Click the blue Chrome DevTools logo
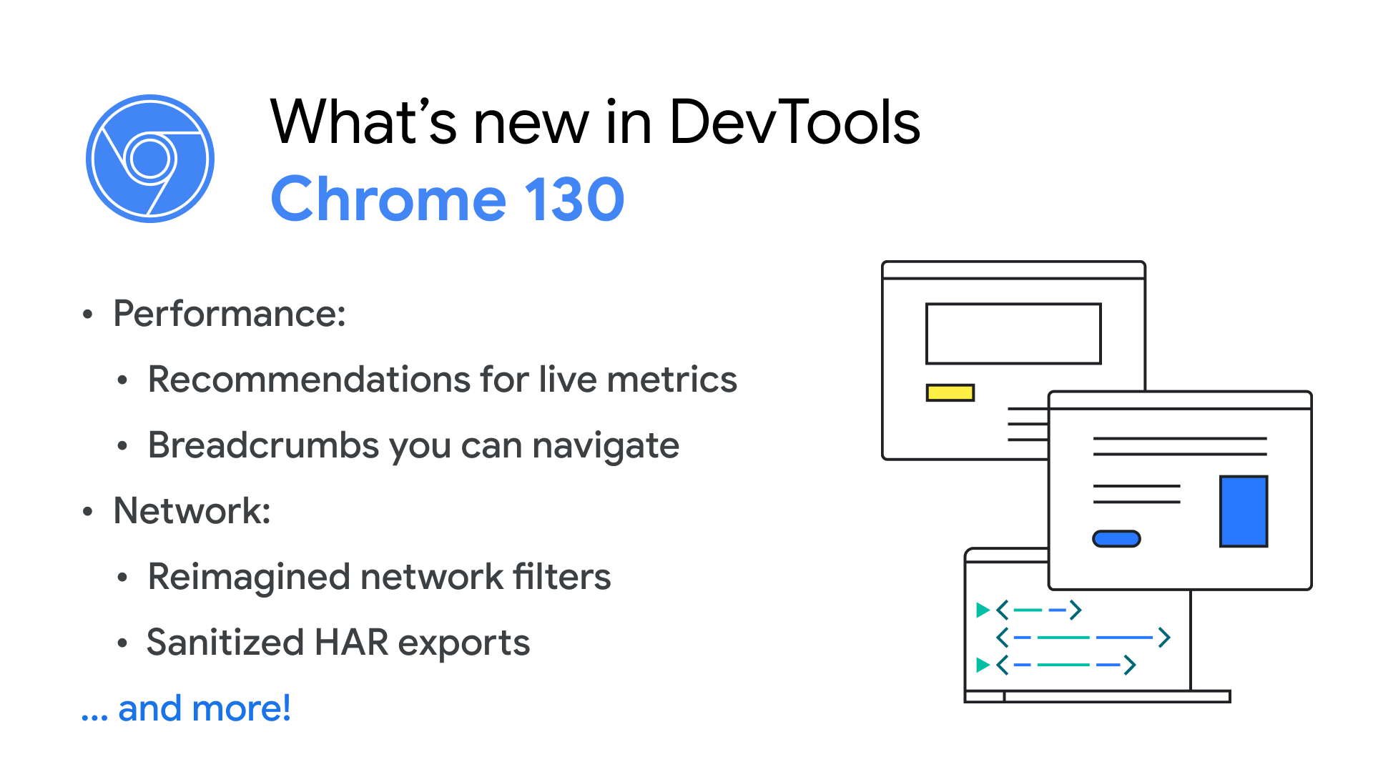point(150,159)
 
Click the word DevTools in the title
point(794,122)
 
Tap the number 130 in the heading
point(575,199)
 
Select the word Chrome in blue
point(389,199)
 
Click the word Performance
point(229,314)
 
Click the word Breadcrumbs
point(264,445)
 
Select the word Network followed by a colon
point(192,511)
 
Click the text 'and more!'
point(205,708)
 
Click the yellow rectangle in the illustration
point(950,392)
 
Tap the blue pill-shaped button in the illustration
point(1116,538)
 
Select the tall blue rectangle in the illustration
point(1244,511)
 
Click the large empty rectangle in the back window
point(1013,305)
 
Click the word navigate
point(606,446)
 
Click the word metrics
point(672,379)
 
